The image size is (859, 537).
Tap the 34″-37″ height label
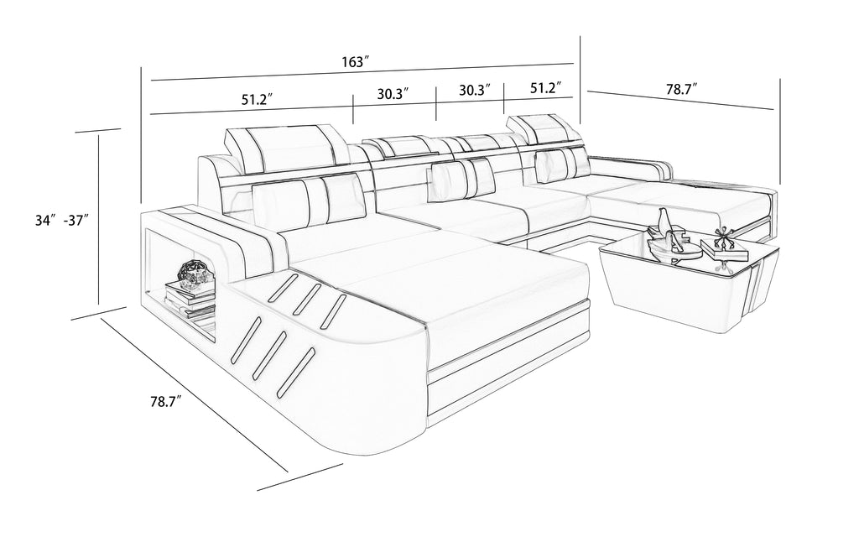tap(57, 221)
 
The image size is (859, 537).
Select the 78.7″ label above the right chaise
tap(682, 88)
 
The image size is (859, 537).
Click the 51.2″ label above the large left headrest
tap(256, 99)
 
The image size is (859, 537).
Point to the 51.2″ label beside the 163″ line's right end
tap(545, 87)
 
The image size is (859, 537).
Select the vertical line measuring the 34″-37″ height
tap(99, 220)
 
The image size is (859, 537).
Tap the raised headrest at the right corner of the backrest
tap(545, 126)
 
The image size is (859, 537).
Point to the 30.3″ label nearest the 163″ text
tap(392, 94)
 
